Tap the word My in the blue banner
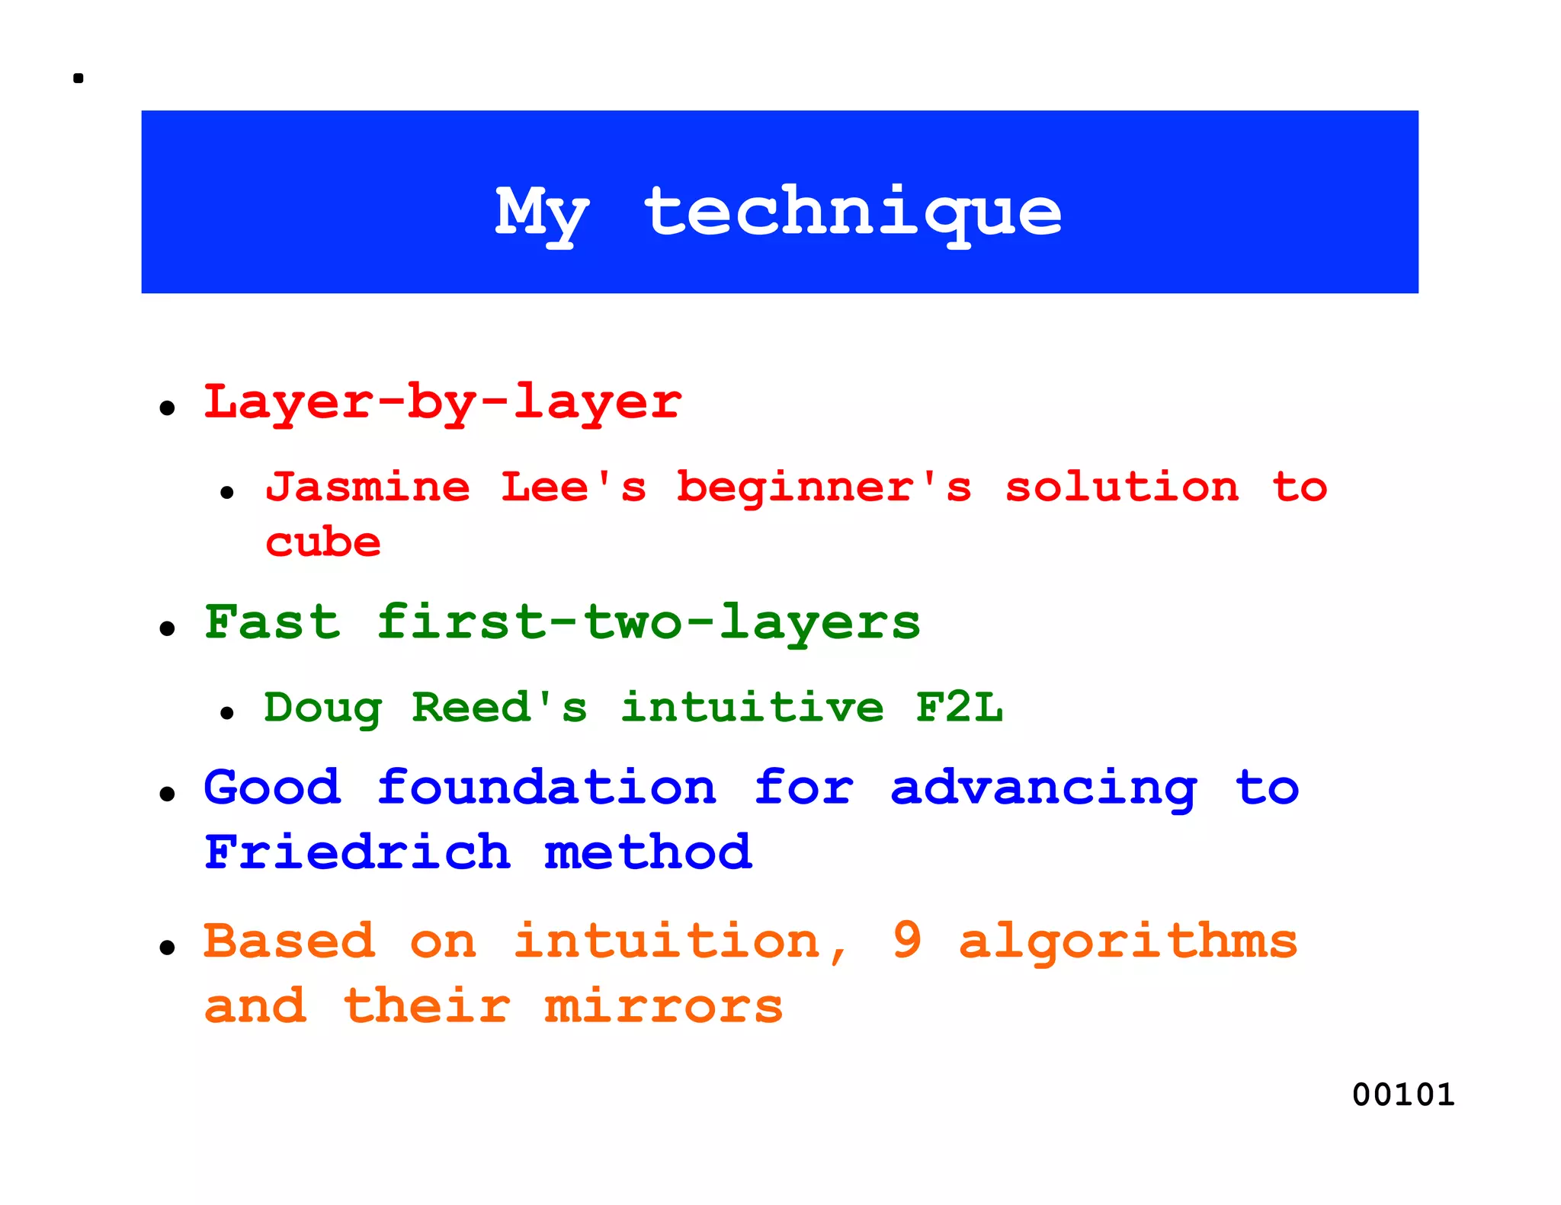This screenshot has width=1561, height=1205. pos(542,213)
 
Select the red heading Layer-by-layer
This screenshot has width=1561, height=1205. pos(443,403)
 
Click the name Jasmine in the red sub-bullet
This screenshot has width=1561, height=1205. pos(368,487)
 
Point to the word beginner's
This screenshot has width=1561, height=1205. pos(824,487)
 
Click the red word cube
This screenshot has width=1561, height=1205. pos(322,543)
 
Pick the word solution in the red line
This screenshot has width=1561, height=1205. pos(1122,487)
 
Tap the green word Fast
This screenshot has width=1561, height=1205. pos(272,622)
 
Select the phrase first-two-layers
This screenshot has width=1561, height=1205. pos(649,622)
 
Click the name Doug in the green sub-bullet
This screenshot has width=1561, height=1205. pos(322,708)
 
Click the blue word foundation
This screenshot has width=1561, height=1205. pos(547,788)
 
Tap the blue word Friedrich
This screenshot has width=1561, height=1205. pos(357,852)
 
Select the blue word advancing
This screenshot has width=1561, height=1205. pos(1043,789)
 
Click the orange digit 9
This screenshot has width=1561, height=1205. pos(907,940)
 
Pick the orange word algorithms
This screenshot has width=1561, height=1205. pos(1127,943)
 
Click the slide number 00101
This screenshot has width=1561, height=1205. pos(1403,1095)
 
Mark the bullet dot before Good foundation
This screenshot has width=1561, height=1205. pos(168,794)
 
